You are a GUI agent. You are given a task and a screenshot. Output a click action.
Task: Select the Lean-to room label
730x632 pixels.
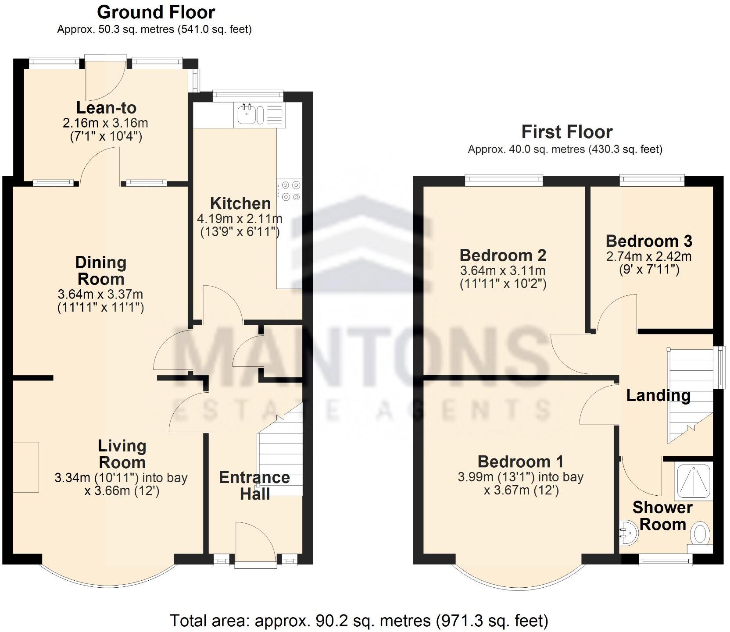(x=106, y=108)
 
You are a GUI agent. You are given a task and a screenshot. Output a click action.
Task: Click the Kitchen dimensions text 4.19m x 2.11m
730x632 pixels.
(x=240, y=218)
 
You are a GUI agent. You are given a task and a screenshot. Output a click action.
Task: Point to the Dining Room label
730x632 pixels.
(x=100, y=271)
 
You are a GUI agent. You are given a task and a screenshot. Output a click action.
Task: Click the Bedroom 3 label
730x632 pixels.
(x=649, y=241)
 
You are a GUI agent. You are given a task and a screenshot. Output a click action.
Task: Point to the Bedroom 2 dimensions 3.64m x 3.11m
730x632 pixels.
(x=503, y=270)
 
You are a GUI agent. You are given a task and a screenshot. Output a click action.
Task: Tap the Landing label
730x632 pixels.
(x=658, y=395)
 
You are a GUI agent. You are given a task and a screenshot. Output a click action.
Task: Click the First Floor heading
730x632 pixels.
(x=567, y=132)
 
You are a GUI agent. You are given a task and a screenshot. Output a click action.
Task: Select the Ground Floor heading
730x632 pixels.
(x=156, y=12)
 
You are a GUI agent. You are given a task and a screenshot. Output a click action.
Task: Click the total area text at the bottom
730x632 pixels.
(x=359, y=621)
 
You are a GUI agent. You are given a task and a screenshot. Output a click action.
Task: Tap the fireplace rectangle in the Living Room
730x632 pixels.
(x=25, y=467)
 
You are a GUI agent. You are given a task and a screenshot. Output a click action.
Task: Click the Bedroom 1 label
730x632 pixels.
(x=520, y=462)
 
